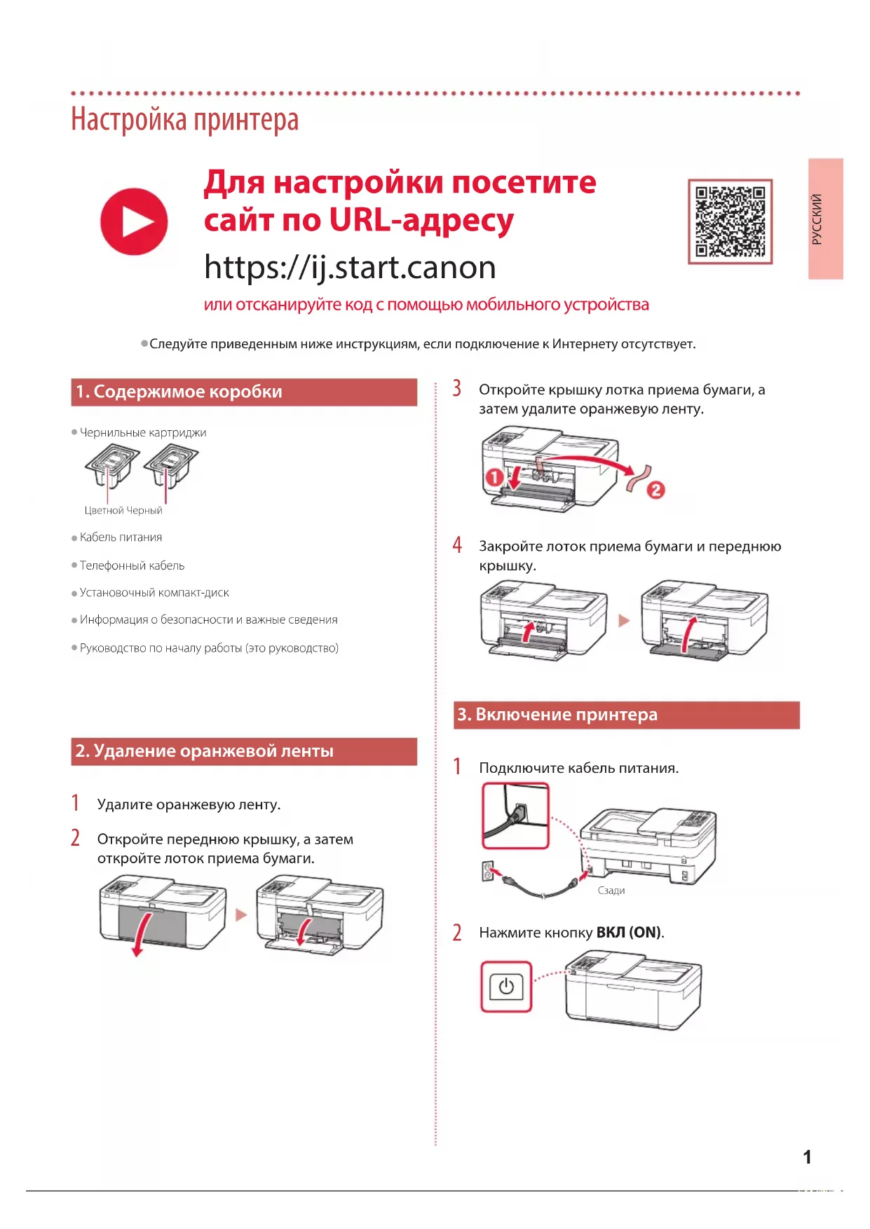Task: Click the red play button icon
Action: (x=134, y=221)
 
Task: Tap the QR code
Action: (x=730, y=221)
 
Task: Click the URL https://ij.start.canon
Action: (x=350, y=267)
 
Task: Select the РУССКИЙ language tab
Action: (x=825, y=219)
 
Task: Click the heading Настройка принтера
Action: (x=185, y=119)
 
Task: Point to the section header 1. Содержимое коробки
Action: (x=243, y=392)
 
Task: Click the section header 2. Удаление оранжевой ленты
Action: (x=243, y=751)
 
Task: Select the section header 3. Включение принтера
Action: (x=626, y=715)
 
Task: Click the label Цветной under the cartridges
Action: (x=104, y=510)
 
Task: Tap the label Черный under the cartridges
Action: (x=144, y=510)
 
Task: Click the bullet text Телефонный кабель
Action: (x=132, y=565)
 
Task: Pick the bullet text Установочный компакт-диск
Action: (x=154, y=593)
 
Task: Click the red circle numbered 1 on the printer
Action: (x=494, y=477)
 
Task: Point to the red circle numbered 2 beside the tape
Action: (x=655, y=489)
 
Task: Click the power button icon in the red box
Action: (x=506, y=987)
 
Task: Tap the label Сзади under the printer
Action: (x=611, y=891)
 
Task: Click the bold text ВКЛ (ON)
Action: (x=628, y=933)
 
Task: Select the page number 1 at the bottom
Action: (x=807, y=1157)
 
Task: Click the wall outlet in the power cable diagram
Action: (x=487, y=871)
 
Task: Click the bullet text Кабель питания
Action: (x=121, y=537)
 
